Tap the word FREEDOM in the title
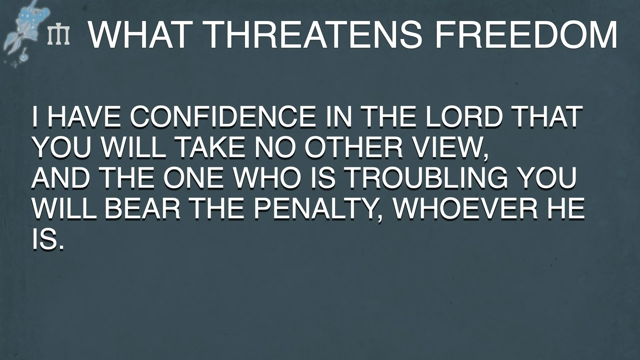(x=526, y=35)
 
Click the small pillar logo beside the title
(x=59, y=35)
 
